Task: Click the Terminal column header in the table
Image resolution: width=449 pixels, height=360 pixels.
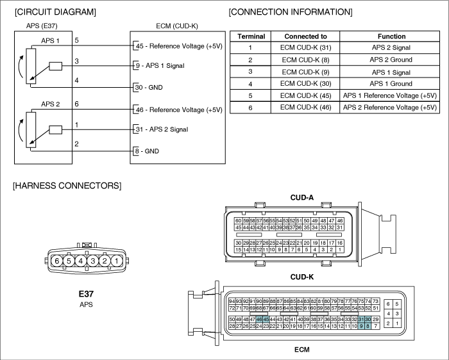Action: click(251, 37)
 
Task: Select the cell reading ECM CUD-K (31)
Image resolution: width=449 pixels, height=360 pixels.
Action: click(305, 47)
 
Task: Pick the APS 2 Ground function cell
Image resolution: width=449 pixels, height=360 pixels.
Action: click(391, 60)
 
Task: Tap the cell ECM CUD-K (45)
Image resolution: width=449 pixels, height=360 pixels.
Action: click(305, 95)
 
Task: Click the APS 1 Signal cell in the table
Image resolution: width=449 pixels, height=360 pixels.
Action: click(391, 72)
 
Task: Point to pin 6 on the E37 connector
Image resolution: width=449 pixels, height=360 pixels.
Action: click(56, 261)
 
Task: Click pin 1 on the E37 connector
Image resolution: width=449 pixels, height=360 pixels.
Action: click(116, 261)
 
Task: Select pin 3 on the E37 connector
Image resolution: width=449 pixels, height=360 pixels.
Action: click(92, 261)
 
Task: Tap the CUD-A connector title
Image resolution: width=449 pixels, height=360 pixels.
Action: click(302, 197)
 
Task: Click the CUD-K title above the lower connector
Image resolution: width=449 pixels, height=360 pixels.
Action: click(302, 277)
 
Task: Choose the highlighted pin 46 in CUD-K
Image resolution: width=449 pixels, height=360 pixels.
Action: click(259, 320)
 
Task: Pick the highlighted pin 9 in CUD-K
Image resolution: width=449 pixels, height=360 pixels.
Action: click(361, 326)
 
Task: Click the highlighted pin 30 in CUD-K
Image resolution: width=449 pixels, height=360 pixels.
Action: click(368, 320)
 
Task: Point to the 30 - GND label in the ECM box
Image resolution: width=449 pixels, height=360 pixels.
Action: click(149, 87)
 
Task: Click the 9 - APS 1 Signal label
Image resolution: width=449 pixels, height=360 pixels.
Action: click(160, 65)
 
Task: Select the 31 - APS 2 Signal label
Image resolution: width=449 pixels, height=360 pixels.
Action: click(162, 129)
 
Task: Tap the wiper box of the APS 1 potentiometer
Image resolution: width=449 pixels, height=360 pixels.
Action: click(56, 66)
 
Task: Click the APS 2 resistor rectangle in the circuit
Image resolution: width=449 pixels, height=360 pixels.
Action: click(31, 130)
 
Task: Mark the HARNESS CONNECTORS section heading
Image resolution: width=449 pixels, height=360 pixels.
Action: click(67, 186)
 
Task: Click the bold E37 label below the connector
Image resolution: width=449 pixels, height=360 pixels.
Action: click(86, 293)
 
